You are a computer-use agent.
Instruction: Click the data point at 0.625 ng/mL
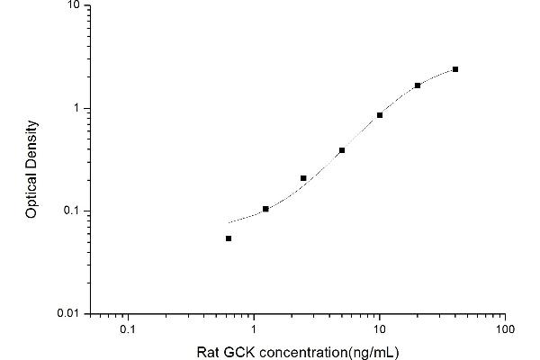pyautogui.click(x=229, y=238)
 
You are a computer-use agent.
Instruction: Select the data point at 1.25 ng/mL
pyautogui.click(x=265, y=209)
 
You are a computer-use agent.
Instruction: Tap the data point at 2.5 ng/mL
pyautogui.click(x=303, y=178)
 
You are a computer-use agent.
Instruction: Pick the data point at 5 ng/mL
pyautogui.click(x=342, y=150)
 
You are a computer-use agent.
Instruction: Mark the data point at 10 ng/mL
pyautogui.click(x=380, y=115)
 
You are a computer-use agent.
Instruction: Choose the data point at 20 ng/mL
pyautogui.click(x=418, y=85)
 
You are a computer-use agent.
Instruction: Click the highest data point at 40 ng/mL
pyautogui.click(x=455, y=69)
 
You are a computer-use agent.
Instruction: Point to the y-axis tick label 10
pyautogui.click(x=74, y=5)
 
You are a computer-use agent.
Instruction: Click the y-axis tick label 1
pyautogui.click(x=77, y=108)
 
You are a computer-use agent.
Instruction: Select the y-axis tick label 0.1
pyautogui.click(x=73, y=211)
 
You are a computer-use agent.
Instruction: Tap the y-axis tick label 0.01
pyautogui.click(x=70, y=314)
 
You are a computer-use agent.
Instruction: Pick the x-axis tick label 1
pyautogui.click(x=255, y=329)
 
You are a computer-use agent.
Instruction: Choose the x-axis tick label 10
pyautogui.click(x=380, y=329)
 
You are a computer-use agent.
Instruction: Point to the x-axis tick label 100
pyautogui.click(x=505, y=329)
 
